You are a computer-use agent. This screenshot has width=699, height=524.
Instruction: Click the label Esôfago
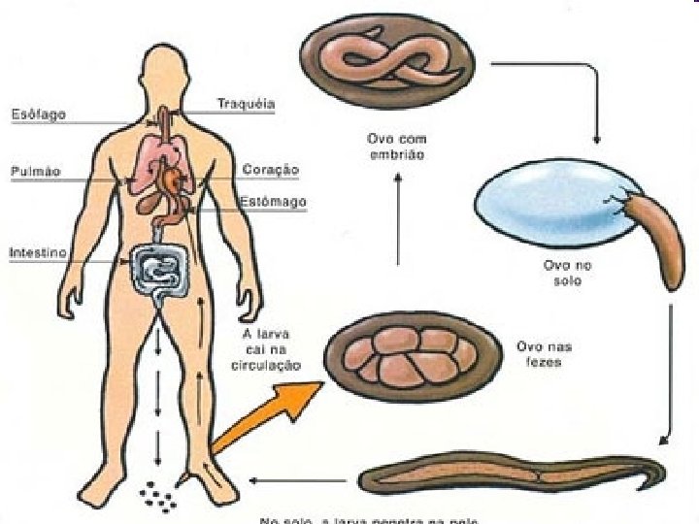pos(37,115)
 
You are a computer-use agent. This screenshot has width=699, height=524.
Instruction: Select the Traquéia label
pos(246,103)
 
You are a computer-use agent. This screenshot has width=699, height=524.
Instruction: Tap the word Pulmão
pos(35,172)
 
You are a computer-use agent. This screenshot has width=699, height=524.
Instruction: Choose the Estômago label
pos(273,202)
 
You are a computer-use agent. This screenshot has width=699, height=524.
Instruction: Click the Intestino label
pos(38,252)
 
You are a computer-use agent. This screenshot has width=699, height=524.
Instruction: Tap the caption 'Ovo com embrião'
pos(397,147)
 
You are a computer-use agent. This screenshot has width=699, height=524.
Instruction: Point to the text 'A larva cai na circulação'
pos(270,348)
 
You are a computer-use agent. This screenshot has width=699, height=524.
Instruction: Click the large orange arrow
pos(262,419)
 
